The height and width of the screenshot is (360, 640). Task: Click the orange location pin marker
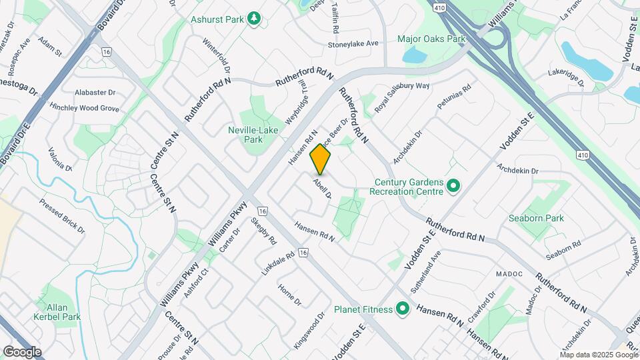(x=320, y=160)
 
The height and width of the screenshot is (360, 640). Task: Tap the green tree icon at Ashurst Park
(x=253, y=19)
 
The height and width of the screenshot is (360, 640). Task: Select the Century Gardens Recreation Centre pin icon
(x=453, y=185)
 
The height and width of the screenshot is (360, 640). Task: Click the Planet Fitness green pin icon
(x=402, y=309)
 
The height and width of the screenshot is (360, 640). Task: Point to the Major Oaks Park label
(x=431, y=39)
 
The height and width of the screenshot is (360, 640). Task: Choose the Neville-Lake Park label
(x=254, y=135)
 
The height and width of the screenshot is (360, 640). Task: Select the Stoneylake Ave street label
(x=353, y=43)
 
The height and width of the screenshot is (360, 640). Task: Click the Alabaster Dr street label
(x=95, y=93)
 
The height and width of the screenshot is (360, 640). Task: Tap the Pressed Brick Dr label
(x=62, y=215)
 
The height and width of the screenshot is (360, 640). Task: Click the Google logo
(x=22, y=351)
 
